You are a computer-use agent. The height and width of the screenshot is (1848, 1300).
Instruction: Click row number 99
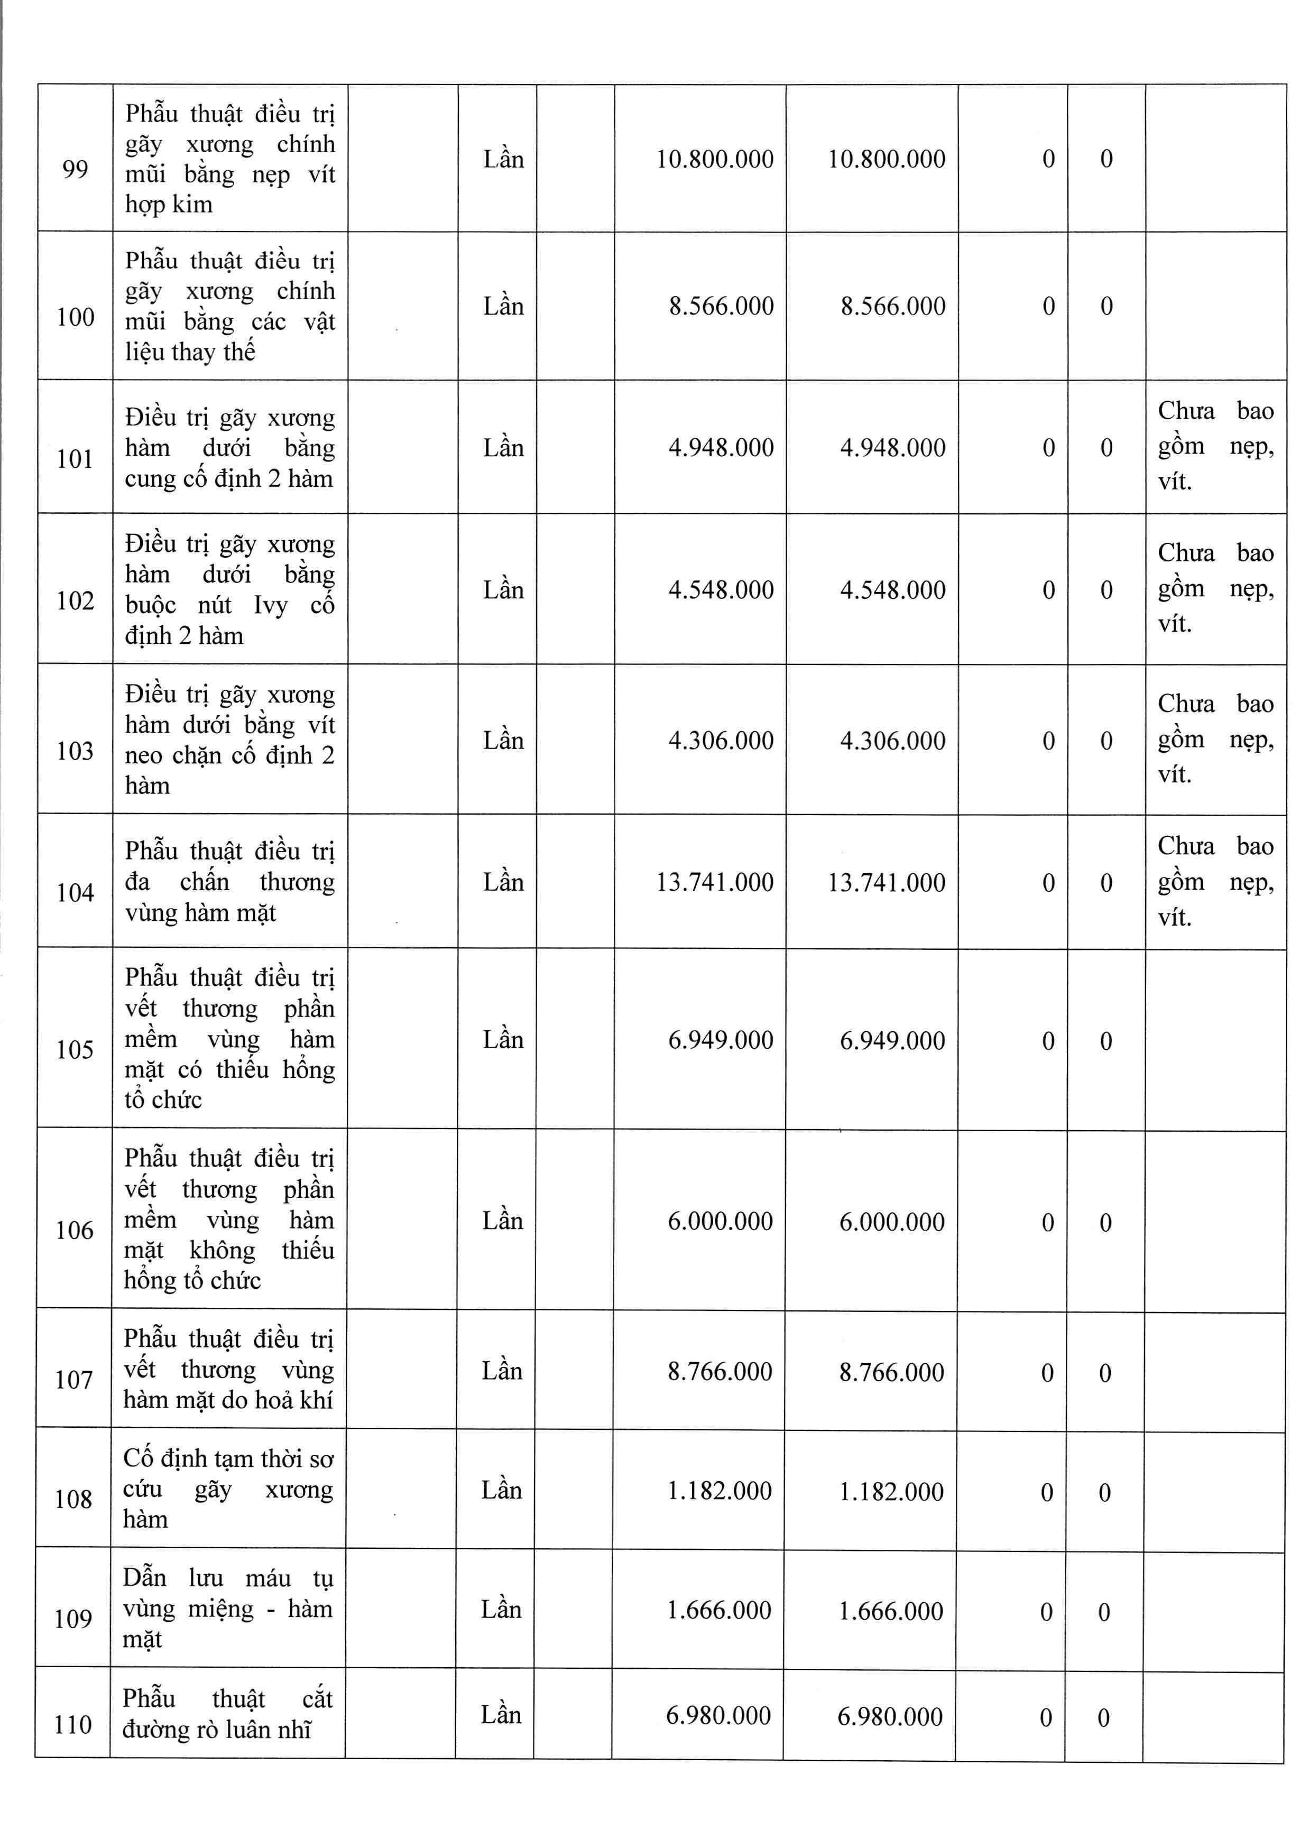[75, 169]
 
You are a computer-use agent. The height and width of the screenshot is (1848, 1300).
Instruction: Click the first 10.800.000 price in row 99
[715, 159]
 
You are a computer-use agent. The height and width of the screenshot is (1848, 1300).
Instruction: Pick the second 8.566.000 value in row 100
[893, 307]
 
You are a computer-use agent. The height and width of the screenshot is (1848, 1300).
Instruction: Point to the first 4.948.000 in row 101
[721, 448]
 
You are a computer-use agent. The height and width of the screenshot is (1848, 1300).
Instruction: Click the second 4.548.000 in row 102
[893, 590]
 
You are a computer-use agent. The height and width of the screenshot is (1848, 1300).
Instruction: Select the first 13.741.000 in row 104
[715, 883]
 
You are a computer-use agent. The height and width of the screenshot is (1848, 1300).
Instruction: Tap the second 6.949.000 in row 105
[892, 1041]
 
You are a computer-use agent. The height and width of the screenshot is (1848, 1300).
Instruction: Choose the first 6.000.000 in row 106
[720, 1222]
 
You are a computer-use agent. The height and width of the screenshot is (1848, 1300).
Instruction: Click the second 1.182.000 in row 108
[891, 1491]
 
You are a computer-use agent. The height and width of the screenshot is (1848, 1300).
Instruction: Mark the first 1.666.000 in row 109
[719, 1611]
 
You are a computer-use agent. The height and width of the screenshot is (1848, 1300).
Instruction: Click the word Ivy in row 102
[271, 605]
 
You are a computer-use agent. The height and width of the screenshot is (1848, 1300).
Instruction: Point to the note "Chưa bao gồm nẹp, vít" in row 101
[1215, 446]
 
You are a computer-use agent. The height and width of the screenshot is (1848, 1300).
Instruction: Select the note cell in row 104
[1215, 881]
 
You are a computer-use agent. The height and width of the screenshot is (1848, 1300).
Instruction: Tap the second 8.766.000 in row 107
[891, 1372]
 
